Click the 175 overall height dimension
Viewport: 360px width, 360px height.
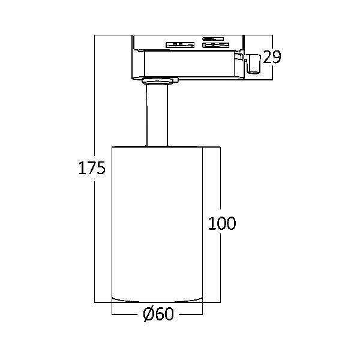tap(92, 168)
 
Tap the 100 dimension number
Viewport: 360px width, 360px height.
tap(222, 223)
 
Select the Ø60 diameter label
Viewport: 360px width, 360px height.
tap(158, 314)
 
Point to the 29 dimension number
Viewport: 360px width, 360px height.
tap(272, 57)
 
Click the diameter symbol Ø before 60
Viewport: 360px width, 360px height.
tap(149, 314)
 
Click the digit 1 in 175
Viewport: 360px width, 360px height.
tap(82, 168)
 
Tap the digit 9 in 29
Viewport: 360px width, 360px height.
tap(277, 57)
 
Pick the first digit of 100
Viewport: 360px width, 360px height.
tap(211, 223)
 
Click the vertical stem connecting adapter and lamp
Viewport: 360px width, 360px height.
tap(157, 115)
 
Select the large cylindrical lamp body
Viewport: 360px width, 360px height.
tap(157, 224)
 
